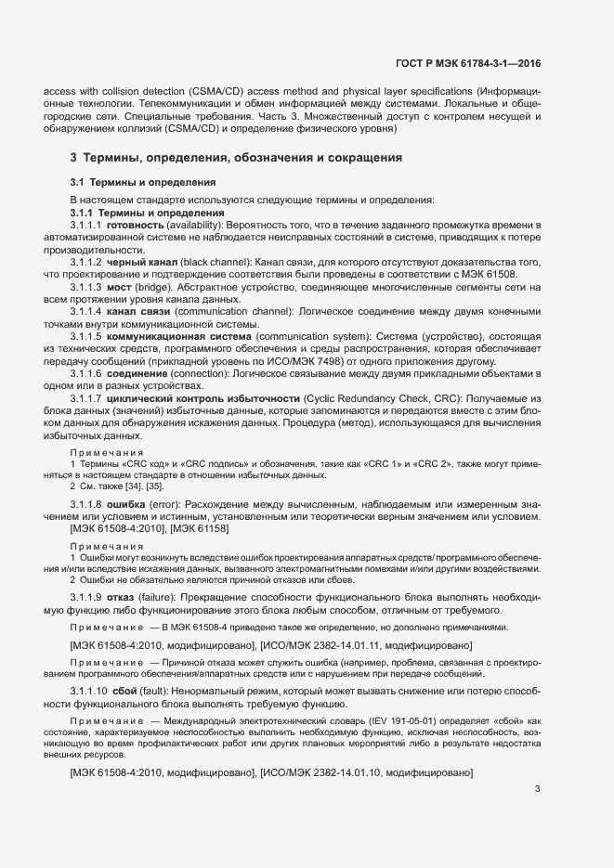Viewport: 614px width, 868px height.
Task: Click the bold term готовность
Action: [x=137, y=226]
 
